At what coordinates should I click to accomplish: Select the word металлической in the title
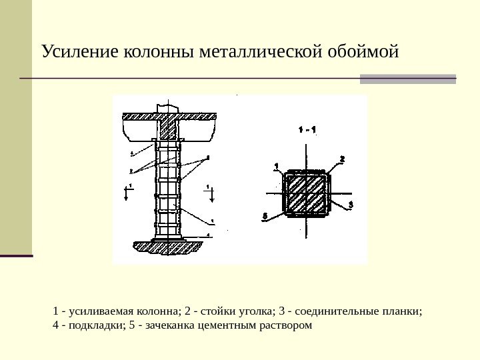[257, 51]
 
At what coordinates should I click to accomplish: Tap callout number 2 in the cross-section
[342, 159]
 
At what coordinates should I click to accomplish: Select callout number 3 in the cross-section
[351, 203]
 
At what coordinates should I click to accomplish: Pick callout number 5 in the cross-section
[265, 216]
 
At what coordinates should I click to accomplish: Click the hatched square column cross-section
[307, 194]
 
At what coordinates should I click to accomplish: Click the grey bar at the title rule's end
[408, 79]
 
